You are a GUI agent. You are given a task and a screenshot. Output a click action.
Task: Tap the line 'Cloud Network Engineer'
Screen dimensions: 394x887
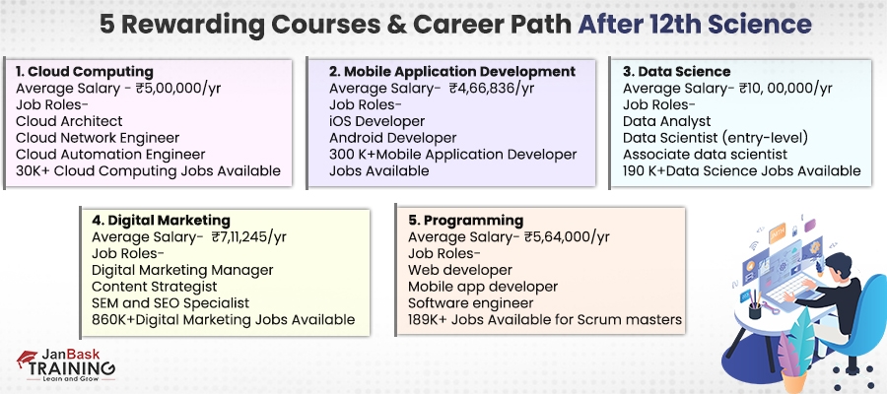coord(98,138)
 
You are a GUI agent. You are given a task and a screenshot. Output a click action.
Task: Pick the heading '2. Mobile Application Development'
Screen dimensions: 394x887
coord(452,72)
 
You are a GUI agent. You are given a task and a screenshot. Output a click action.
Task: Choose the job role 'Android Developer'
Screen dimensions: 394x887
coord(393,138)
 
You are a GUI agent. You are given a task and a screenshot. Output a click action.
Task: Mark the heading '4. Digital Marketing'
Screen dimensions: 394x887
coord(163,221)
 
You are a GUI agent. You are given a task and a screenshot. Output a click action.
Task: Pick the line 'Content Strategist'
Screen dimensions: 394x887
coord(161,287)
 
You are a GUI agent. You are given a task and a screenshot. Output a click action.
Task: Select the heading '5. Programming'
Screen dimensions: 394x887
coord(466,221)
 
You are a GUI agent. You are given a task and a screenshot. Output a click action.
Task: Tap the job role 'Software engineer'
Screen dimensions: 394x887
coord(471,302)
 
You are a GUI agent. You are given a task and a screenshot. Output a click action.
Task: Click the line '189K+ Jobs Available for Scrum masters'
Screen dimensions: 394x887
coord(544,319)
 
